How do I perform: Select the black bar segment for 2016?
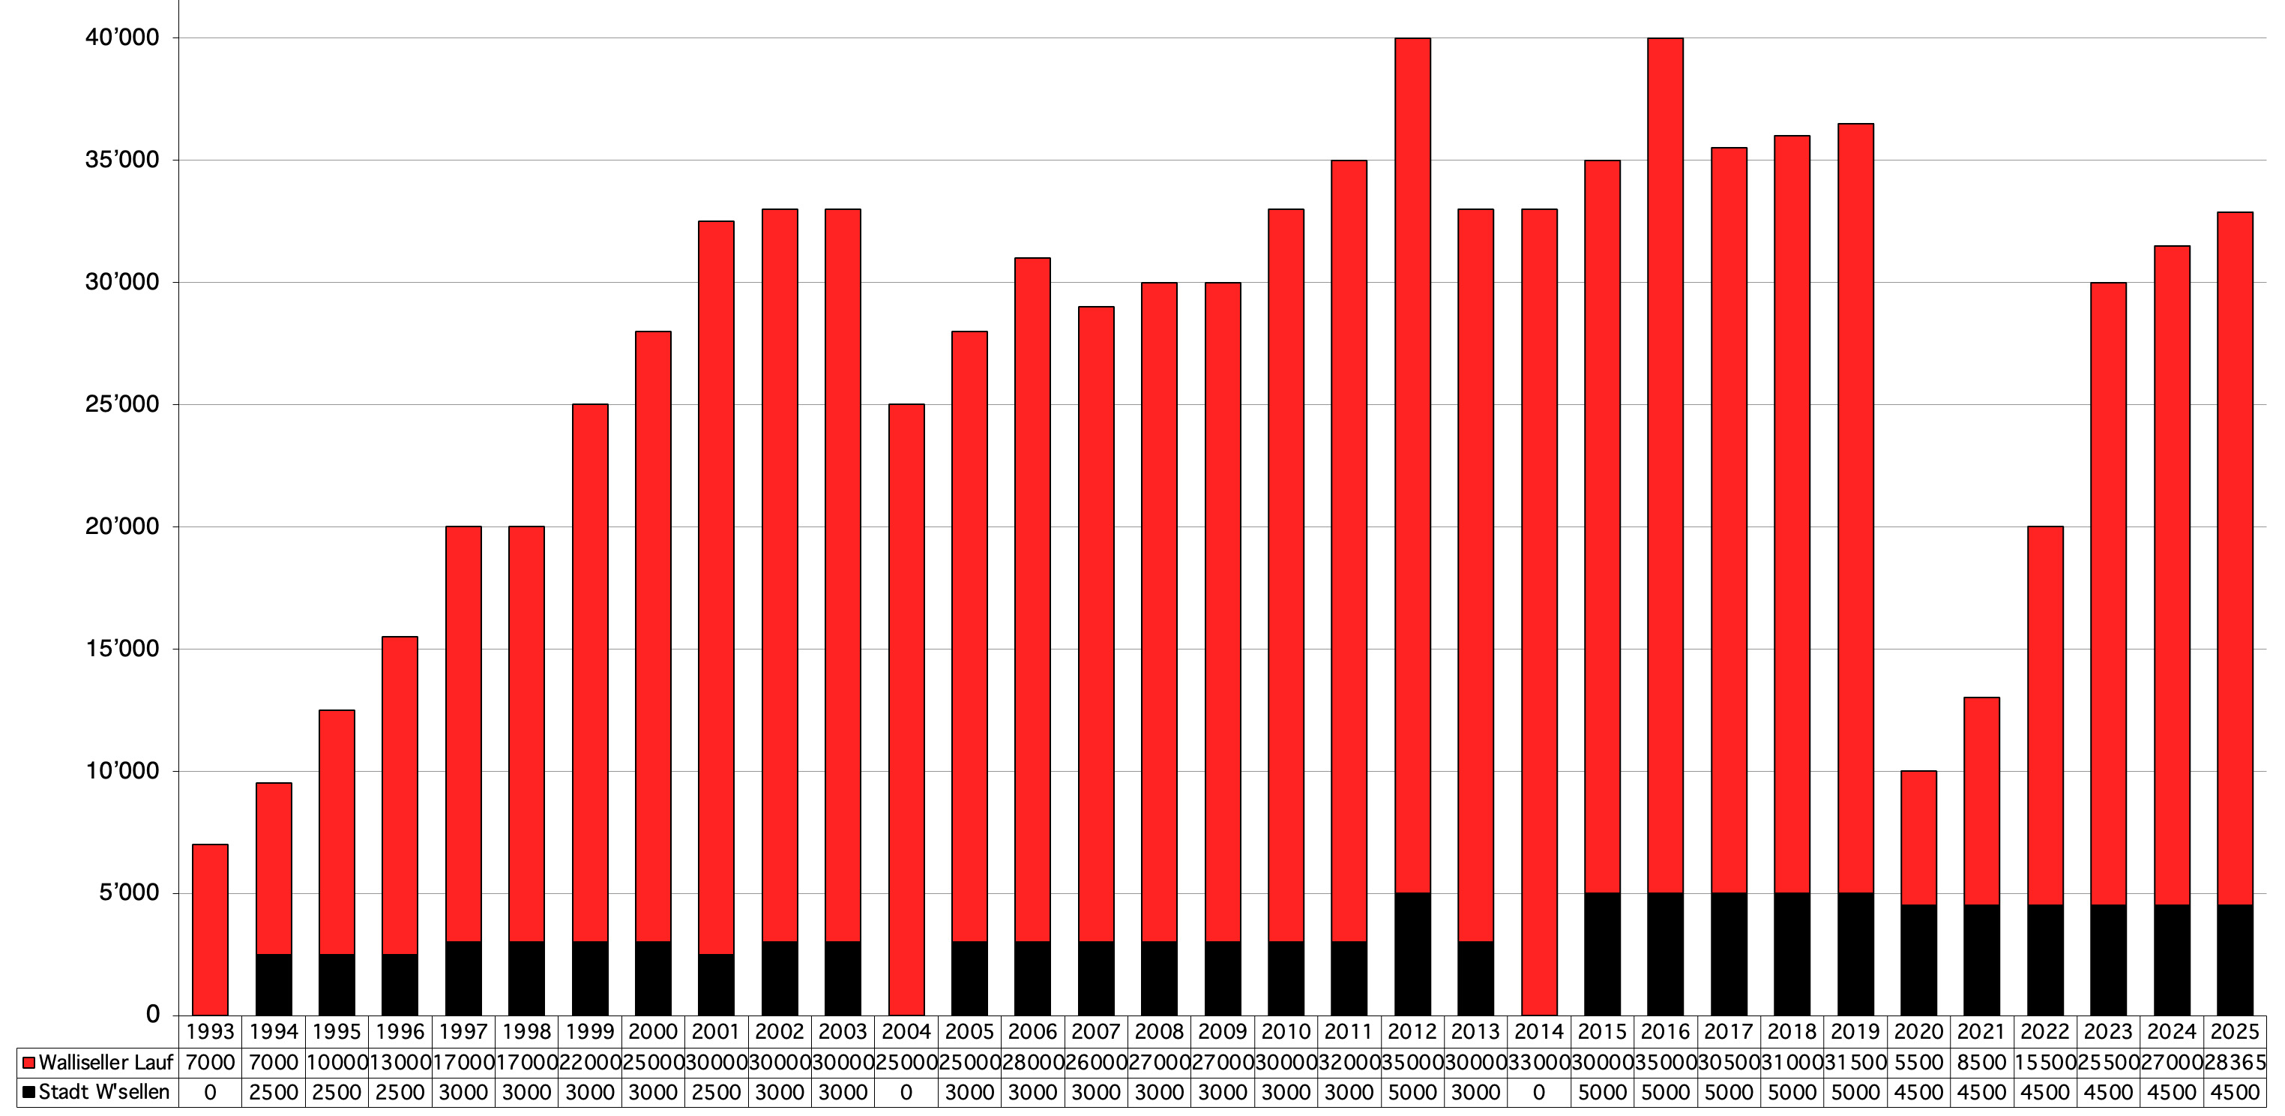tap(1665, 954)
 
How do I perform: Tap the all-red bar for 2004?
tap(906, 709)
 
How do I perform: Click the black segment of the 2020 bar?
tap(1918, 960)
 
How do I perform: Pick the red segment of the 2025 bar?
tap(2235, 559)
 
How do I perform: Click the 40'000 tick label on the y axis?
tap(122, 37)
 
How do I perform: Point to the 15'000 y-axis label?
tap(122, 649)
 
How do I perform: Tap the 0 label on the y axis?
tap(153, 1014)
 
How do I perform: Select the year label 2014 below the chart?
tap(1538, 1032)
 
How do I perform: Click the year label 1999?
tap(590, 1032)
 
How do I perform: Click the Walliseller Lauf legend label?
tap(106, 1062)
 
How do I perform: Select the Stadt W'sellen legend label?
tap(103, 1092)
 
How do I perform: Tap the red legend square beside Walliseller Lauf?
tap(28, 1063)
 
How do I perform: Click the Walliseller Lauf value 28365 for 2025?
tap(2235, 1062)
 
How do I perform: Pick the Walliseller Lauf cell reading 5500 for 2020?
tap(1918, 1062)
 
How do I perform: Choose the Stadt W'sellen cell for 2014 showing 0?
tap(1538, 1092)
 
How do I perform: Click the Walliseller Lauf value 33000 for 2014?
tap(1538, 1062)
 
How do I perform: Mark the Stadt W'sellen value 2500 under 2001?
tap(716, 1092)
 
